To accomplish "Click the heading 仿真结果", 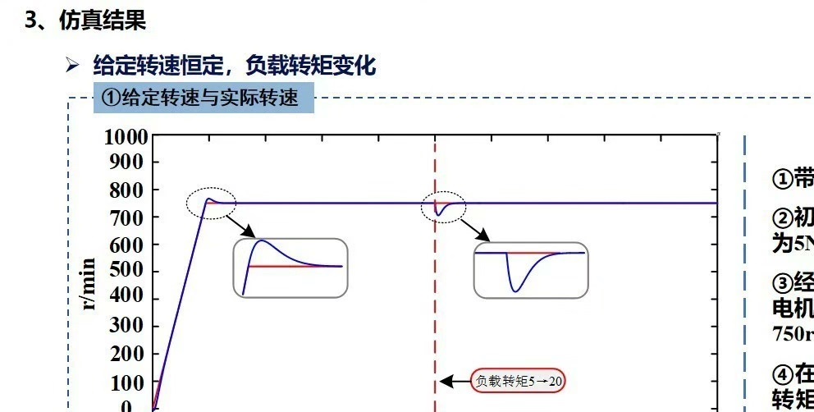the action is [x=102, y=21].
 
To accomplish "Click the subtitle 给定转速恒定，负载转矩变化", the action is [x=234, y=66].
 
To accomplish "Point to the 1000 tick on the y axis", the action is [x=126, y=137].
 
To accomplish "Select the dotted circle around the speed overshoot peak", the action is [x=211, y=202].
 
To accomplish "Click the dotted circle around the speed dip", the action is [x=444, y=208].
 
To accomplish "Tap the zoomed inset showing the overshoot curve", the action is [x=290, y=268].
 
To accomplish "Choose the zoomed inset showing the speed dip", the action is [x=531, y=269].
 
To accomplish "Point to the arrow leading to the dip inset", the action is [x=476, y=230].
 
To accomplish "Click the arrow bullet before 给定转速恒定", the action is [x=72, y=66].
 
